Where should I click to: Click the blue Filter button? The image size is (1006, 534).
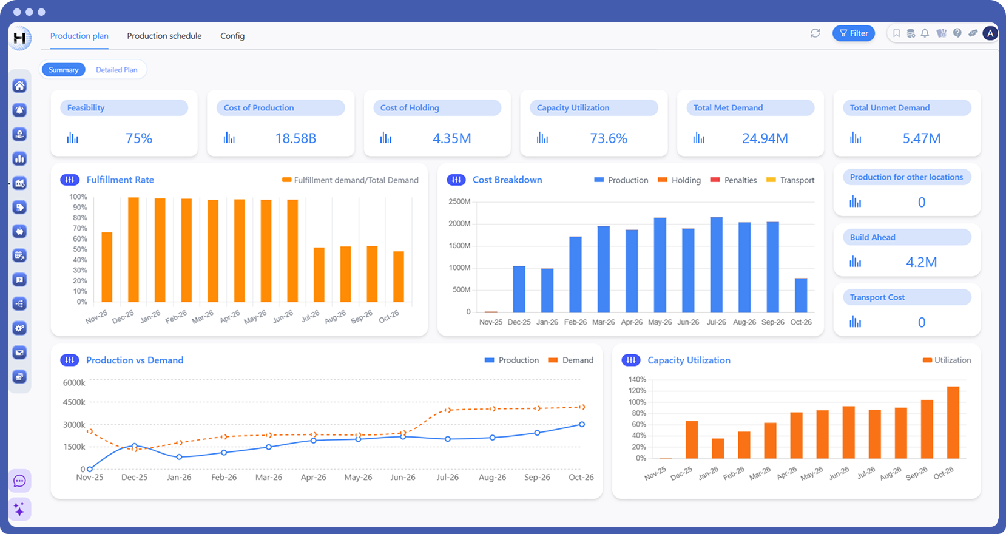pos(853,33)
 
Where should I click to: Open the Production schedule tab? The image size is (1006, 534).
pos(164,36)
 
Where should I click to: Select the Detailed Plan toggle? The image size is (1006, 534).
pos(116,70)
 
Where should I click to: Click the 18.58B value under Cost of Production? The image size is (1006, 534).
pos(295,138)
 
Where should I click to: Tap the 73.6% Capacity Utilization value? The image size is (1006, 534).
pos(609,138)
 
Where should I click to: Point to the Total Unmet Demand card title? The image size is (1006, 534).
pos(890,108)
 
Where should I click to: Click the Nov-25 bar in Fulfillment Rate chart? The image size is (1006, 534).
pos(107,267)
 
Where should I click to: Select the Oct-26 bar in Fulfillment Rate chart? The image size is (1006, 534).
pos(399,277)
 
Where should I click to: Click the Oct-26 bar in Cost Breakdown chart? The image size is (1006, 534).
pos(801,295)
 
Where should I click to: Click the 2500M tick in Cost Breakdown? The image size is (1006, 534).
pos(459,201)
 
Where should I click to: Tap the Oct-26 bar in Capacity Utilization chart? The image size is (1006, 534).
pos(953,422)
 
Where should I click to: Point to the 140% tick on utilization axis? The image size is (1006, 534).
pos(637,379)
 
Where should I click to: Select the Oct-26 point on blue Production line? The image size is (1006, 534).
pos(582,424)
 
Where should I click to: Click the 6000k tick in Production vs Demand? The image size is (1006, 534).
pos(74,383)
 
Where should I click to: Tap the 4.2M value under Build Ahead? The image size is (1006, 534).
pos(921,262)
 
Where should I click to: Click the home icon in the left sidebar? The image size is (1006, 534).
pos(19,86)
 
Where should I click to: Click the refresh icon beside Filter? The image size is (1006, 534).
pos(815,33)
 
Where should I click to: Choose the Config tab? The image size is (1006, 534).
pos(232,36)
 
